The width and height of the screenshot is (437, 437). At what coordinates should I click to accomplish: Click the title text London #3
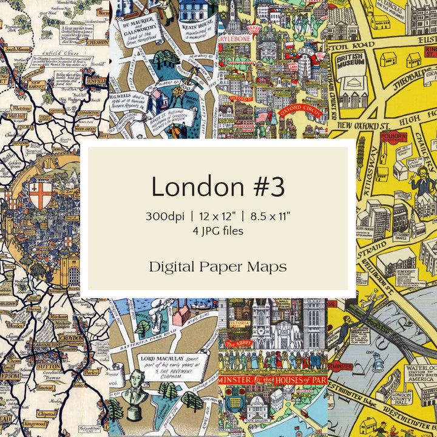pos(218,186)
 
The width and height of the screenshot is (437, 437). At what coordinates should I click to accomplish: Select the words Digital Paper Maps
pos(218,266)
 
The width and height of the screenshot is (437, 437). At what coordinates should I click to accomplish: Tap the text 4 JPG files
pos(218,231)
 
